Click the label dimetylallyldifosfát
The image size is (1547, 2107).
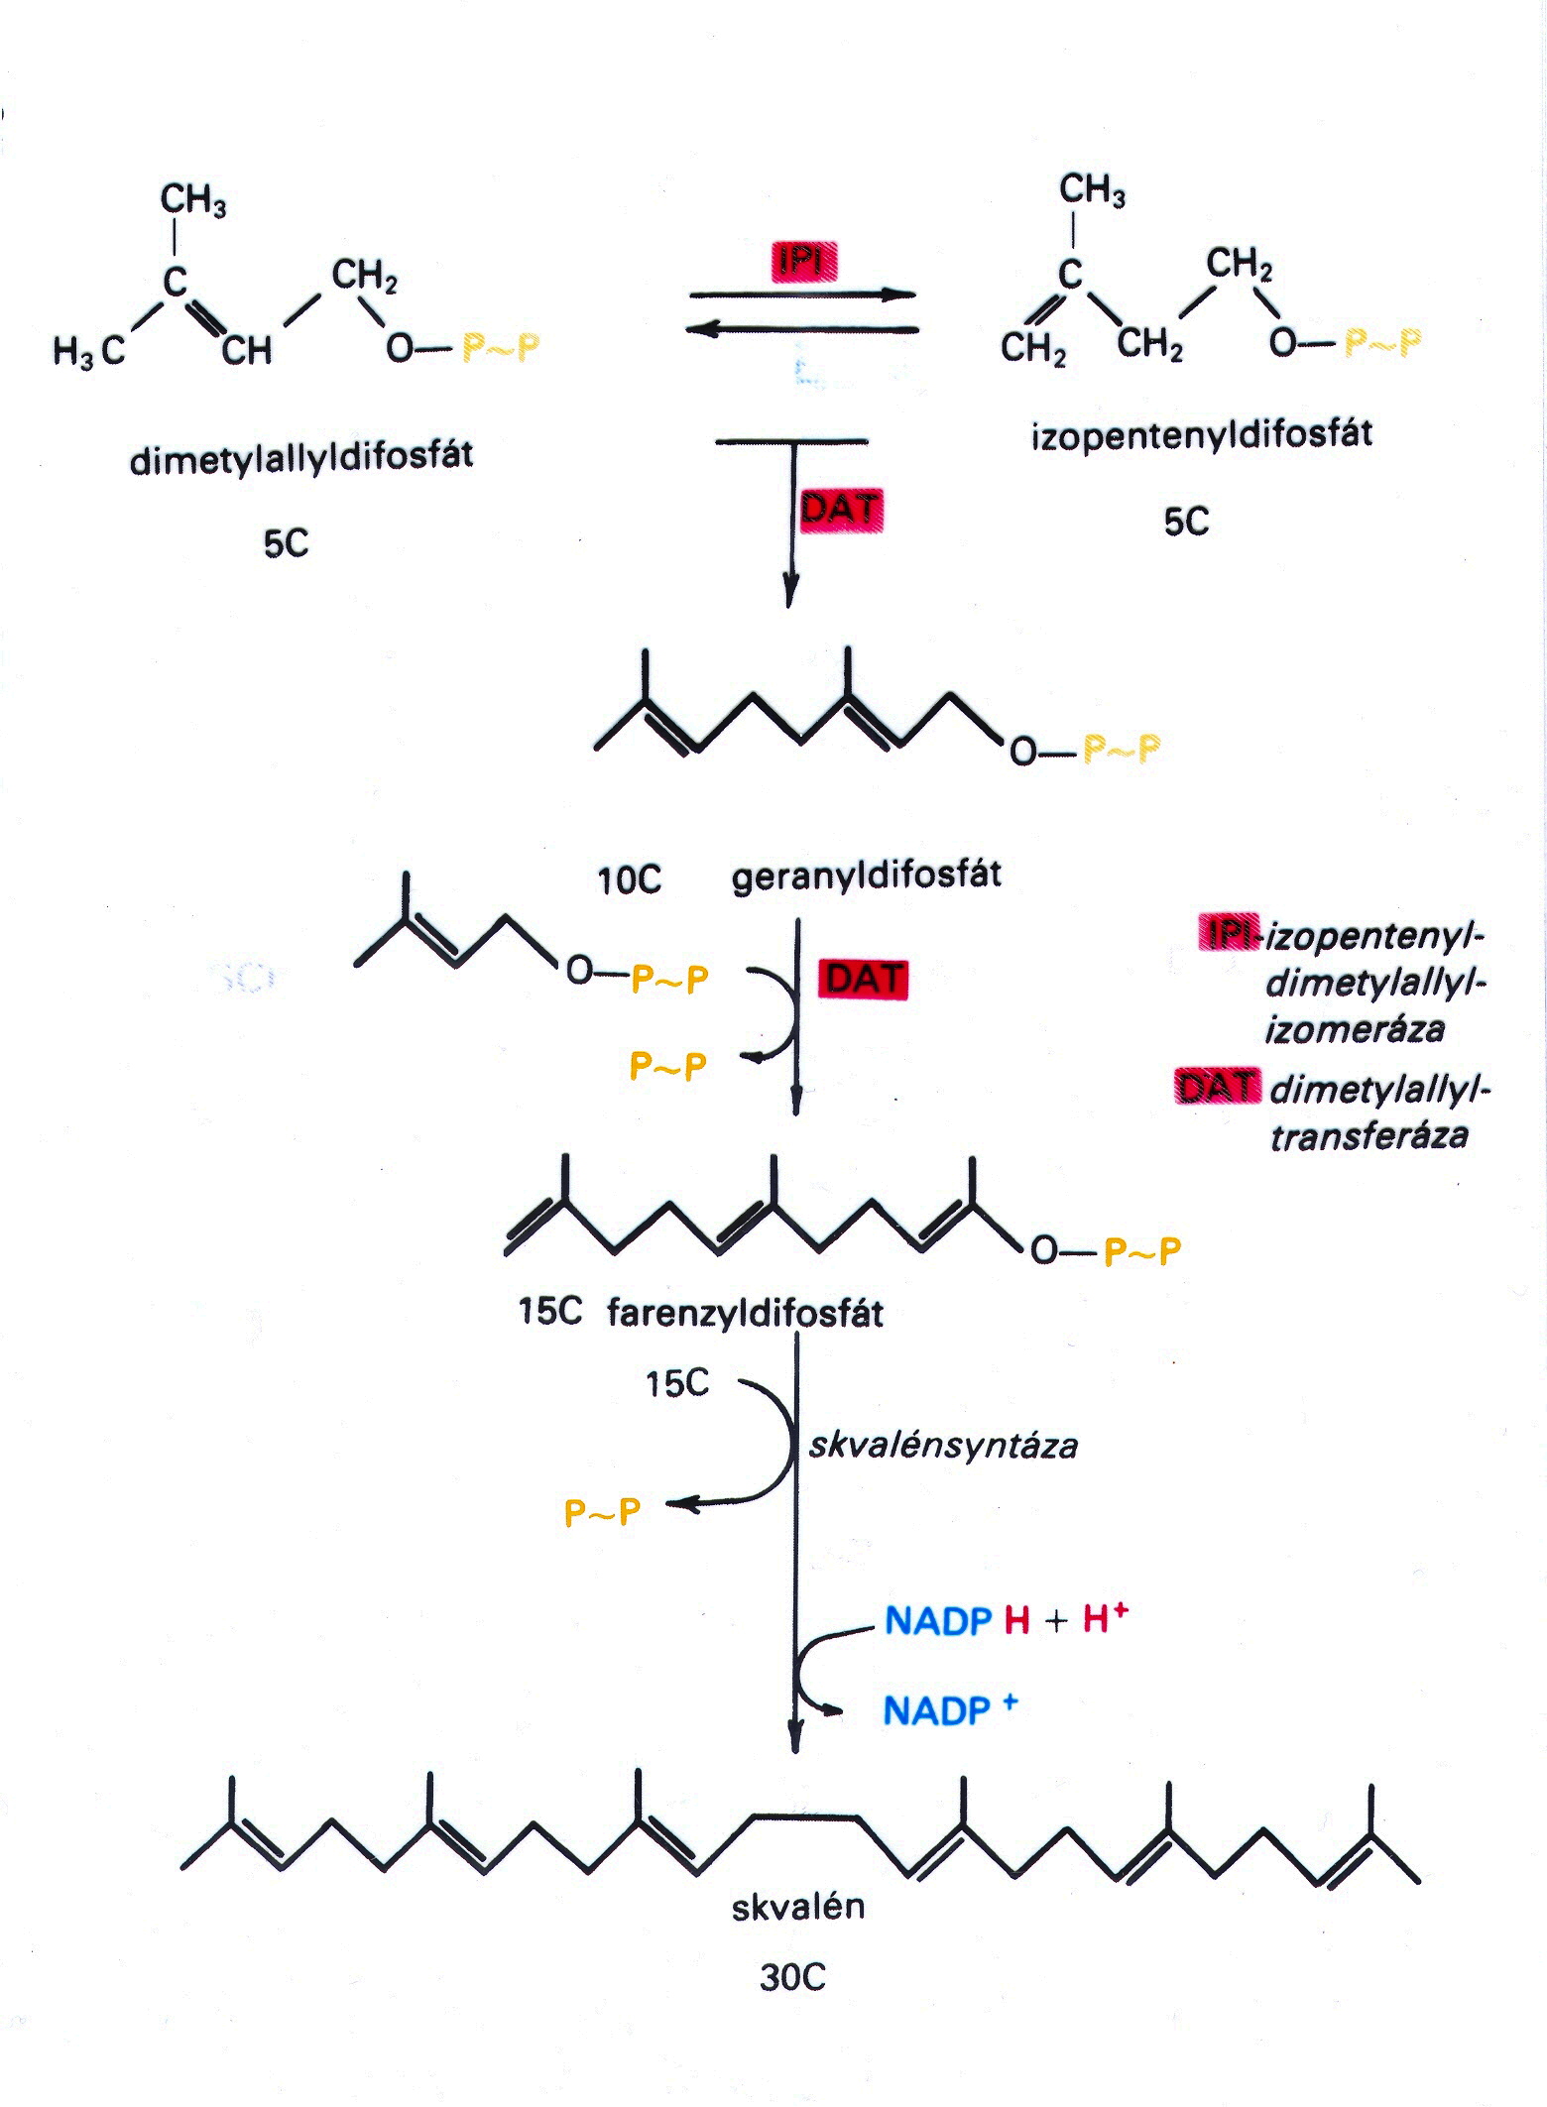tap(301, 457)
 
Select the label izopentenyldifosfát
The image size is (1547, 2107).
tap(1202, 434)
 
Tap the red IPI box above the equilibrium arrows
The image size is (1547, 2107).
tap(804, 261)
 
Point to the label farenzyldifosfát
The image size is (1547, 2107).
tap(745, 1314)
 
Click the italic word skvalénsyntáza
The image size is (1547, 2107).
tap(943, 1446)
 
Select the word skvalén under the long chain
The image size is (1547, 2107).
tap(798, 1906)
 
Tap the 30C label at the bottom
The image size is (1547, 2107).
tap(793, 1978)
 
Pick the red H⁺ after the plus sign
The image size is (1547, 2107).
tap(1106, 1618)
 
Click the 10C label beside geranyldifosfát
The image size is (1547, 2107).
tap(629, 880)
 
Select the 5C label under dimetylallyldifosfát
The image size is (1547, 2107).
tap(286, 543)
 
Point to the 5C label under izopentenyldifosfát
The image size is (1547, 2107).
tap(1186, 522)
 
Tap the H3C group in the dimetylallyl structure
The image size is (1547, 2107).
tap(89, 351)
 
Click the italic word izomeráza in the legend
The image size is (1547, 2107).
tap(1355, 1028)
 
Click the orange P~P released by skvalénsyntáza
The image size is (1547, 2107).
tap(602, 1512)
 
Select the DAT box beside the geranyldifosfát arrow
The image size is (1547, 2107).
tap(863, 979)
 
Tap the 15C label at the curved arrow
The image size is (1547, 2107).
tap(677, 1383)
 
